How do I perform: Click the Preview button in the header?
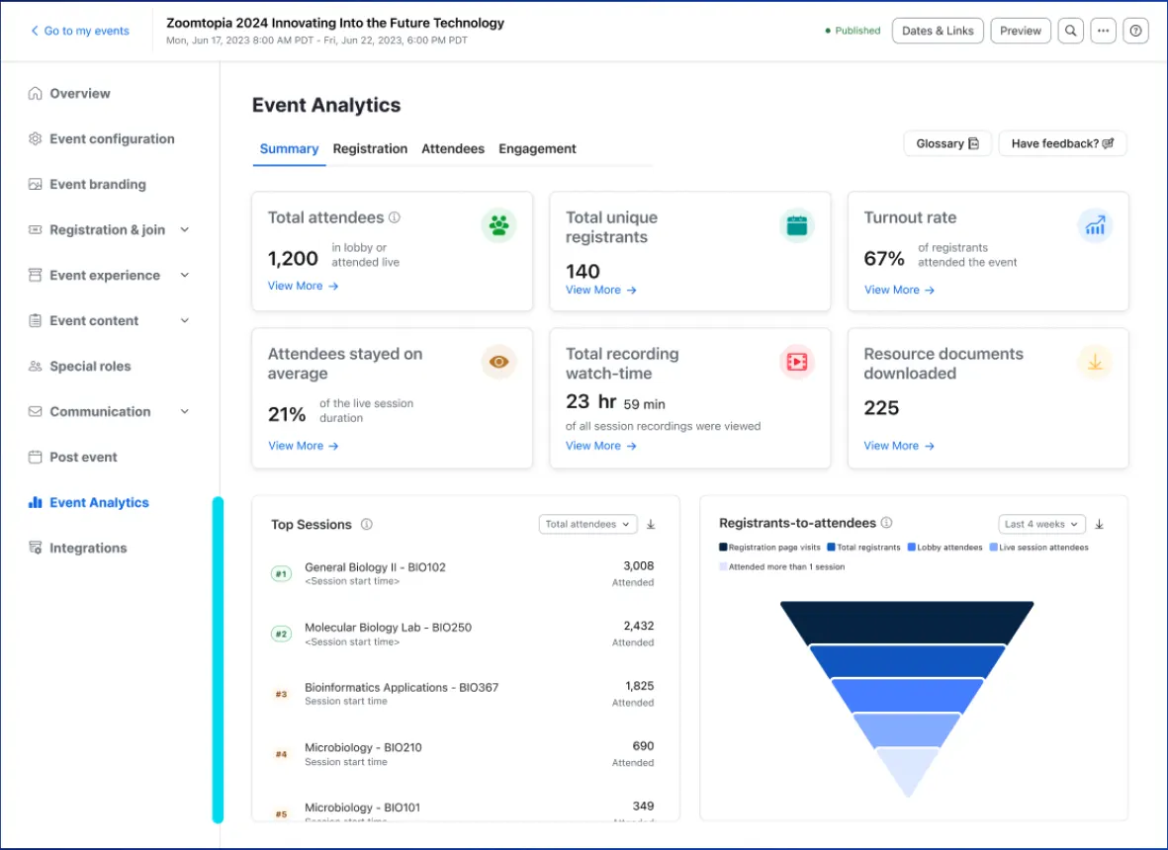point(1020,31)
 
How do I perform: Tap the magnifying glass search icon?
point(1070,31)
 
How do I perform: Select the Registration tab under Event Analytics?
point(370,149)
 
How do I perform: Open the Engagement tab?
point(537,149)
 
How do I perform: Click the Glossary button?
point(946,143)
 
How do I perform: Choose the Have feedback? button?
point(1062,143)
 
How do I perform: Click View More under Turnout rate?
point(899,290)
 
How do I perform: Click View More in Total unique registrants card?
point(600,290)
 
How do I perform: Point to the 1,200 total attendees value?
point(293,259)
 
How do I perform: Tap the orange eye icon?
point(499,362)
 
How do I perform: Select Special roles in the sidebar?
point(90,367)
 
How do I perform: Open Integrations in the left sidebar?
point(88,549)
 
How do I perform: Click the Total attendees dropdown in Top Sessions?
point(587,525)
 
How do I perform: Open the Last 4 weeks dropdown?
point(1041,525)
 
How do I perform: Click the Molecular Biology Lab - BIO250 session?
point(388,628)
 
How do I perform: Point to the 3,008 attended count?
point(638,566)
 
